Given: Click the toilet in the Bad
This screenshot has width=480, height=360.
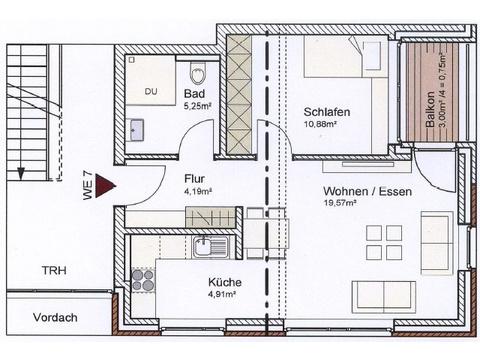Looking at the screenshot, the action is point(198,73).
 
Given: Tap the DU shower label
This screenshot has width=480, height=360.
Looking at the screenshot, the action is point(151,91).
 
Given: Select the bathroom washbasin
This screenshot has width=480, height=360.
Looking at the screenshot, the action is point(135,129).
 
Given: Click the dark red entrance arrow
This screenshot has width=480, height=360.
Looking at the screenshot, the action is point(105,186).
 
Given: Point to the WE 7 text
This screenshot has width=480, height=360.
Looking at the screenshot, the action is point(87,185).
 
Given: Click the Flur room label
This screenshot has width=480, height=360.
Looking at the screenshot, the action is point(194,179).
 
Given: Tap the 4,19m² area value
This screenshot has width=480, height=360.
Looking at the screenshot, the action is point(198,192).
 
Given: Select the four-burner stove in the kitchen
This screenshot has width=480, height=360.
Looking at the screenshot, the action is point(143,280).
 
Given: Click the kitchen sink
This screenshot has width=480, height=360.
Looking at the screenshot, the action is point(210,247).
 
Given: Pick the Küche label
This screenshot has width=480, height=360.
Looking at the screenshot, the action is point(225,282).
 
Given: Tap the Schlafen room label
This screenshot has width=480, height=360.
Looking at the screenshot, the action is point(327,112).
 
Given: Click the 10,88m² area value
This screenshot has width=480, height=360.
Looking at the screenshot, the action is point(320,124).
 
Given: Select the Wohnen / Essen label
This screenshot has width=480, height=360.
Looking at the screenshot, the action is point(367,191).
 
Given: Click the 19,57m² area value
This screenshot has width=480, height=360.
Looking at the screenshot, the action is point(340,203).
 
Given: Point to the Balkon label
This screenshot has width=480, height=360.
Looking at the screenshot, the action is point(430,109).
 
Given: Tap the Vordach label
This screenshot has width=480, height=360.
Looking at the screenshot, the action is point(55,317).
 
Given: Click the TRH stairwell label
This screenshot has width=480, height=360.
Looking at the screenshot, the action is point(54,270).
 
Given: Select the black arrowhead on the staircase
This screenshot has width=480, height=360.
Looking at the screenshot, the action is point(21,173).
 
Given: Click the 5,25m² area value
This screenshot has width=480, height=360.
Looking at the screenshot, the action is point(198,106).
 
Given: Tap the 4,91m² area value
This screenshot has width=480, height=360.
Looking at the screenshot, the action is point(222,294).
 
